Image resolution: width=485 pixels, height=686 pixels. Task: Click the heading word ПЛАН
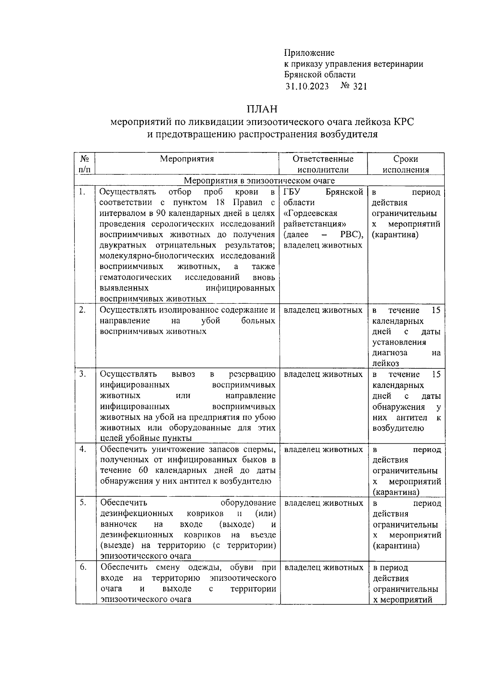262,109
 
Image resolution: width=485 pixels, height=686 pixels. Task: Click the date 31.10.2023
307,86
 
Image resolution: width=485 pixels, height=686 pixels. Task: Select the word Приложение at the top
309,53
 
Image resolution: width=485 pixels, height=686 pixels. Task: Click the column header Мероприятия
187,159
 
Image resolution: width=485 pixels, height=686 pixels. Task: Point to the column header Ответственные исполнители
323,164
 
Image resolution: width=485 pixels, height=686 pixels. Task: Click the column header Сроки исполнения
405,164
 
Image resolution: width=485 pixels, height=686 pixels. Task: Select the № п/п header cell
84,164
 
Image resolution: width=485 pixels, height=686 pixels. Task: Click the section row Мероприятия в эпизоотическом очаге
259,180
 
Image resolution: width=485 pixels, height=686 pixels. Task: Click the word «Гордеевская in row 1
310,213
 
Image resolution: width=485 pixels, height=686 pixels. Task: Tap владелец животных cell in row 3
323,374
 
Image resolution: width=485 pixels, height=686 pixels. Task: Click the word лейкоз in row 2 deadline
386,363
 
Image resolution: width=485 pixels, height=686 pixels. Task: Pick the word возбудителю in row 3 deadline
398,428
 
